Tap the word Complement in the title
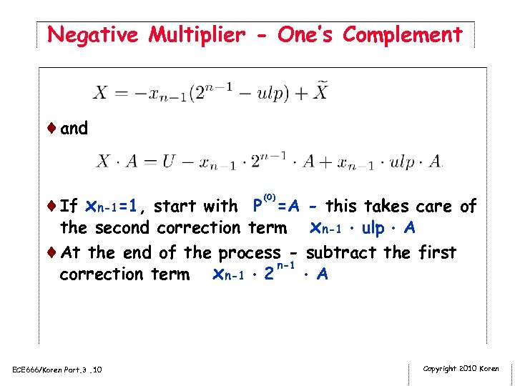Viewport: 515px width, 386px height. [403, 34]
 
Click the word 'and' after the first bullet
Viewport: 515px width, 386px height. [74, 129]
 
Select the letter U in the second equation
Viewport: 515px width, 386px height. [169, 162]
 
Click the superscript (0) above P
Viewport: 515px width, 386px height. [270, 197]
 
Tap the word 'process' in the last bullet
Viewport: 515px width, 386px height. [250, 253]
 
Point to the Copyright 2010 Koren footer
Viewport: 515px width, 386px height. [461, 368]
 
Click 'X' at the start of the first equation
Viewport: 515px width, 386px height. [99, 94]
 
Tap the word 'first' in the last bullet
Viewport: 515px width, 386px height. [433, 252]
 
